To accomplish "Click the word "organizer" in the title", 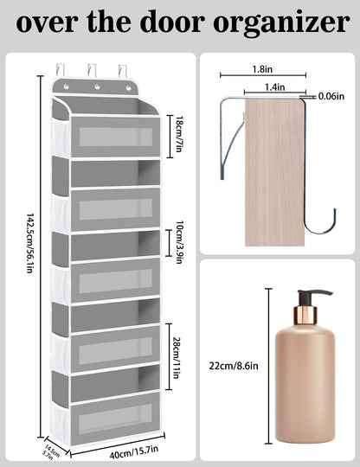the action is coord(281,23).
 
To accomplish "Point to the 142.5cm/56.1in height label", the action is coord(30,243).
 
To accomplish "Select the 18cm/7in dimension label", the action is coord(178,135).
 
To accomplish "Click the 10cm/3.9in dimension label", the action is coord(178,242).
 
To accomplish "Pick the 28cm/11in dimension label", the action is coord(177,357).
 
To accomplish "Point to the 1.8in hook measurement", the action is coord(262,69).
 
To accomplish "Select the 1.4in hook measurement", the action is coord(275,87).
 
